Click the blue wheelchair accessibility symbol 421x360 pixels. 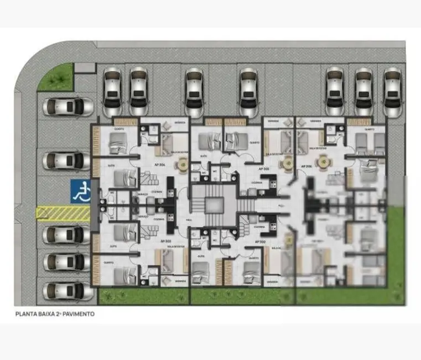81,191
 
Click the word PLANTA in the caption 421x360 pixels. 25,313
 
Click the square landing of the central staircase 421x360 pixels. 214,204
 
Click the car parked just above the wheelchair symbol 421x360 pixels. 66,161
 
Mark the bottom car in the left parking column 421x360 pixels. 66,290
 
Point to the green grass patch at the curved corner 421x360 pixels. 55,76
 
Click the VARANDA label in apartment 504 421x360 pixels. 179,122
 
